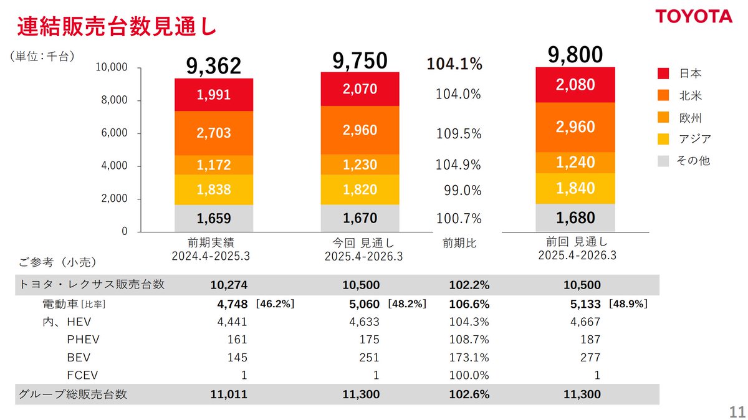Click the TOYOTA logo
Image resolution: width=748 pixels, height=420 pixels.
coord(693,17)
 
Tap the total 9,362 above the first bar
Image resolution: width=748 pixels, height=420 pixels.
coord(213,65)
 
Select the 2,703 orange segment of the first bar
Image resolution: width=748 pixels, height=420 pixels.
coord(214,133)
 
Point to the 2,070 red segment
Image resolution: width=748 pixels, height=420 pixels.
coord(360,89)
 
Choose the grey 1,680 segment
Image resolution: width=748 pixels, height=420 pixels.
coord(576,218)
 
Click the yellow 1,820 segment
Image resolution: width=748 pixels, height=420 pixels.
coord(360,190)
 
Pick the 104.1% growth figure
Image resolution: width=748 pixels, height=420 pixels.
coord(454,64)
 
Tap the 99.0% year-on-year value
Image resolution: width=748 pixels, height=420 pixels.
coord(463,190)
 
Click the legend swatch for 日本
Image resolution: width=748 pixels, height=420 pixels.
coord(663,74)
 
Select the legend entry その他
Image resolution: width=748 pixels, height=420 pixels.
coord(693,161)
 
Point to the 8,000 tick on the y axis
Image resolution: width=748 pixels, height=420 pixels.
coord(115,100)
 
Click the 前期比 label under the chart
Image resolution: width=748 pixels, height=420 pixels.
coord(459,244)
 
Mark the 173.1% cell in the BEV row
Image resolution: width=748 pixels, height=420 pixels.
coord(469,357)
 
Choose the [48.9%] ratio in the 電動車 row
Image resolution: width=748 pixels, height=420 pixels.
coord(628,304)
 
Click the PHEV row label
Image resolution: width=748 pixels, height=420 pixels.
coord(83,340)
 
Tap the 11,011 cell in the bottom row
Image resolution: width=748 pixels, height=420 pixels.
coord(229,394)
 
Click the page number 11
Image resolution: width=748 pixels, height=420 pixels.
coord(737,412)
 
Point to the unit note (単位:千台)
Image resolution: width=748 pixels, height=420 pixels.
coord(42,56)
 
